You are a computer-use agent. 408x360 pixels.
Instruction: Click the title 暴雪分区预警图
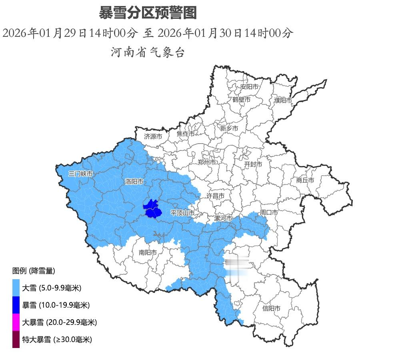[148, 13]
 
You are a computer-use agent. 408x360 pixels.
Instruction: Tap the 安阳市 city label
[249, 86]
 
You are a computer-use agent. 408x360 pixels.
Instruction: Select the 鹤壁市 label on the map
[241, 100]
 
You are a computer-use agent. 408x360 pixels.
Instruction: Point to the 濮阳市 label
[283, 100]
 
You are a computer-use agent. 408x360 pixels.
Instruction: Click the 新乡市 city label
[229, 128]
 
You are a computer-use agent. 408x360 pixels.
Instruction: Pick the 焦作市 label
[186, 134]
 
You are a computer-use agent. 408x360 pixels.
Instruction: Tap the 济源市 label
[153, 136]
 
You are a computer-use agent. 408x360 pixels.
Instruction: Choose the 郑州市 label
[207, 162]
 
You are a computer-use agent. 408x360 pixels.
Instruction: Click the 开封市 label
[253, 164]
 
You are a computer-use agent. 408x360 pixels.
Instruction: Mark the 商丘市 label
[305, 180]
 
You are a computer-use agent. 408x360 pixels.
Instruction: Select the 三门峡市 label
[80, 174]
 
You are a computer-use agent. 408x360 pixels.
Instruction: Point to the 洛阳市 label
[134, 182]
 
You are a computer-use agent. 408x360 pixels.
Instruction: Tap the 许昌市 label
[215, 196]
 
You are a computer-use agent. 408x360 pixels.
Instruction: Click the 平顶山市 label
[182, 213]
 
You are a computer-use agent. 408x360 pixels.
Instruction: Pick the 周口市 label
[268, 212]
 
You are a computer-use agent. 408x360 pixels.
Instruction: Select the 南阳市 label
[148, 252]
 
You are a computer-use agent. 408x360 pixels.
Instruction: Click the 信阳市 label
[271, 308]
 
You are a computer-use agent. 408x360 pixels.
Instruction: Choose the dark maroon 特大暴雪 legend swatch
[16, 339]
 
